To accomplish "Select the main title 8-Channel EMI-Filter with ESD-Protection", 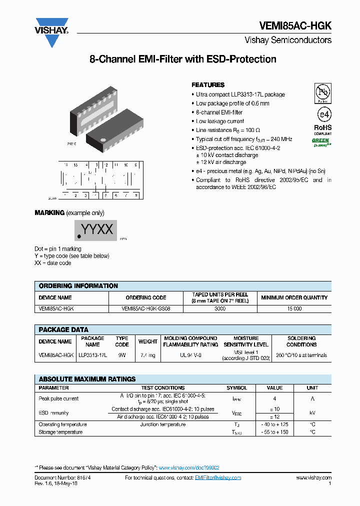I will click(x=182, y=59).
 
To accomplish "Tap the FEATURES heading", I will click(x=208, y=85).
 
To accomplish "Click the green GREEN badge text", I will click(x=320, y=141).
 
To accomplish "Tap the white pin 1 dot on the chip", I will click(x=103, y=140).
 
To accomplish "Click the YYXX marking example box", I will click(x=96, y=230).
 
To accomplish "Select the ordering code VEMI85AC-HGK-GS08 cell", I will click(x=146, y=309).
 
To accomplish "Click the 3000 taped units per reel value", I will click(x=220, y=309).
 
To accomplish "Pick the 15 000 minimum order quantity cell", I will click(x=294, y=309).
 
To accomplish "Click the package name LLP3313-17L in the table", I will click(x=92, y=355).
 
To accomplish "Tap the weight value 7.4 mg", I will click(x=148, y=355).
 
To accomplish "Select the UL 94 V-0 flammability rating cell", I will click(x=190, y=355).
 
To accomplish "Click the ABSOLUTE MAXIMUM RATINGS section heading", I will click(x=87, y=379).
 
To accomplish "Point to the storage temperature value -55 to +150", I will click(x=274, y=432).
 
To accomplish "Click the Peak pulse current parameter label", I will click(x=58, y=398).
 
